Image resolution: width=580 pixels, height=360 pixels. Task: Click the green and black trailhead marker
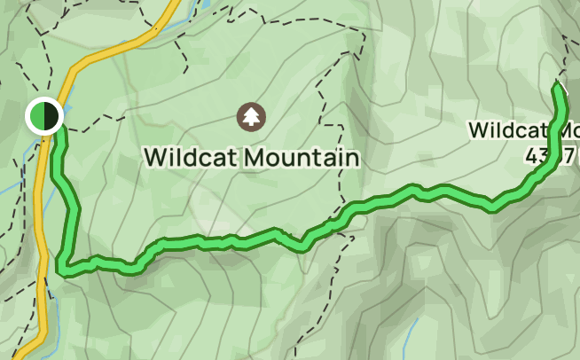[43, 116]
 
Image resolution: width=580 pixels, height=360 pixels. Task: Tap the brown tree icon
[252, 115]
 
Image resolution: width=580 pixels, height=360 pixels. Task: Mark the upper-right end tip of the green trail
[558, 85]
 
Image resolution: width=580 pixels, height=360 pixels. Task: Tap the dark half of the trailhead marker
[50, 116]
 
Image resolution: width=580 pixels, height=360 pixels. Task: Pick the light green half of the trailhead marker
[36, 116]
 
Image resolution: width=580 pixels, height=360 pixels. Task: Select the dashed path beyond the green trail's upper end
[566, 53]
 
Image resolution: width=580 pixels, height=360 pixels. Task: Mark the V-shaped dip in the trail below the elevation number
[494, 207]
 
